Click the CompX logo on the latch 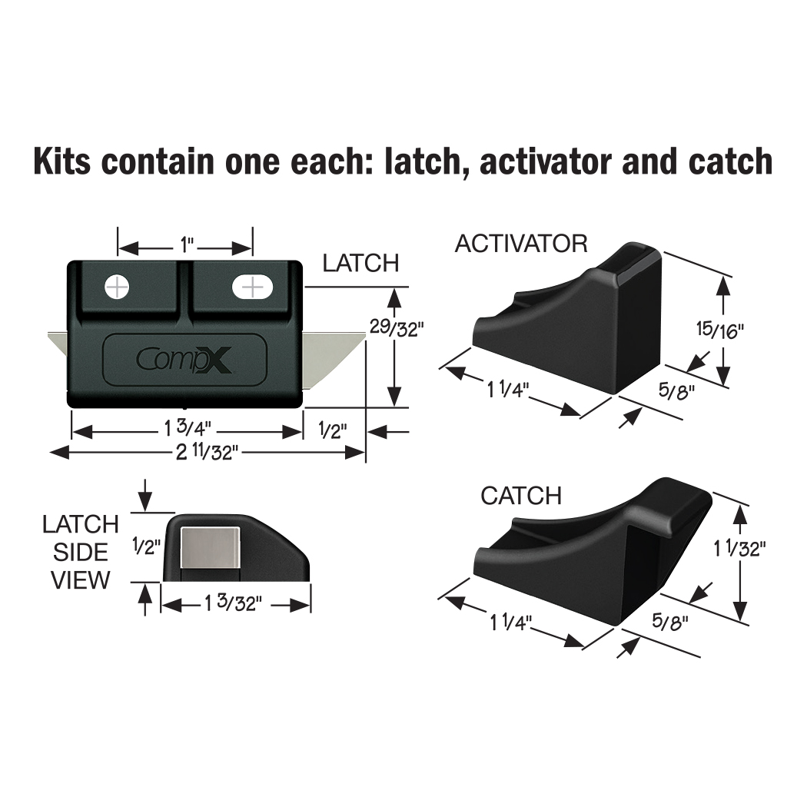184,360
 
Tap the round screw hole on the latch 117,287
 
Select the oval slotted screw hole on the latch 252,287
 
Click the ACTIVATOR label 520,244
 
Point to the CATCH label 520,496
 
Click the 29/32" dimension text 396,328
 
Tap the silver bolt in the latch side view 209,551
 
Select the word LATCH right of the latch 360,264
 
